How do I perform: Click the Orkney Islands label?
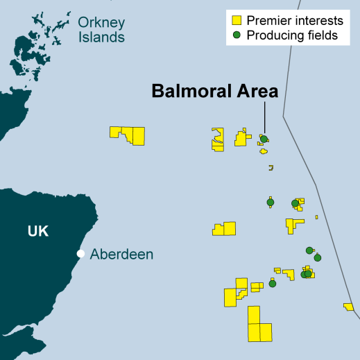pos(101,30)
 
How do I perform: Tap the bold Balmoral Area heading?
pos(214,91)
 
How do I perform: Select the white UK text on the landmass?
pos(38,232)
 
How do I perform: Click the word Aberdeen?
pos(121,255)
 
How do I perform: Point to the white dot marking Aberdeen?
pos(81,254)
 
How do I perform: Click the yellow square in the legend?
pos(237,21)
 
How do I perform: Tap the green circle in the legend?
pos(237,35)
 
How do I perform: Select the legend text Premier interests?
pos(295,21)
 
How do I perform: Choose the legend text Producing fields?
pos(292,35)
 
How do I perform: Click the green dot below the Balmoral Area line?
pos(264,139)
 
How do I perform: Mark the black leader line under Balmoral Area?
pos(264,118)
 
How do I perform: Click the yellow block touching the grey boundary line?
pos(348,307)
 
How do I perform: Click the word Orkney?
pos(101,22)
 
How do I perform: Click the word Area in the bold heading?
pos(255,91)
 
